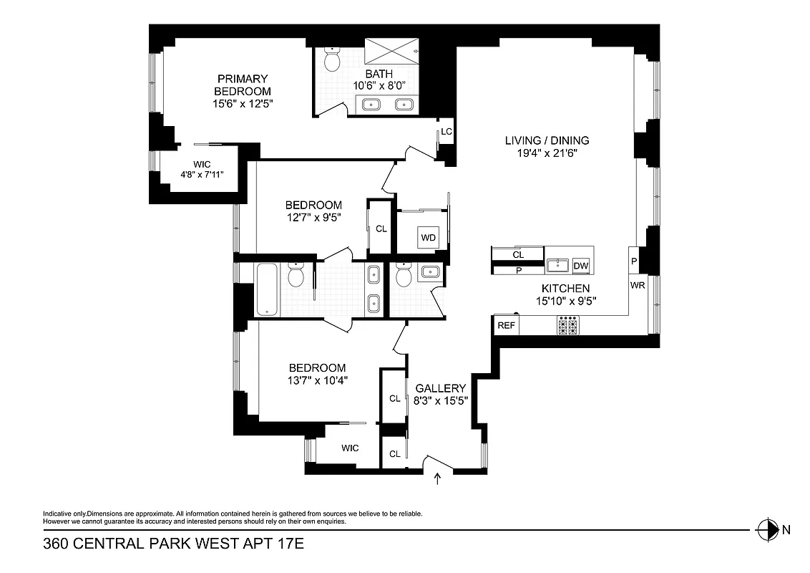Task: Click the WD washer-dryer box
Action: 429,237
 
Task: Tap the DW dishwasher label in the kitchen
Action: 581,266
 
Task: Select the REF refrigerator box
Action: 506,325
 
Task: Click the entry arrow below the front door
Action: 438,478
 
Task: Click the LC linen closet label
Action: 446,132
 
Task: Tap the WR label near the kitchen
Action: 638,285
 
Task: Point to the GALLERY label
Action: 440,388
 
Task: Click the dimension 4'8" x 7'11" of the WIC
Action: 202,173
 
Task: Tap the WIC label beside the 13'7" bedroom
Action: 350,448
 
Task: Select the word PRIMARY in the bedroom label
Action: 243,79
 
